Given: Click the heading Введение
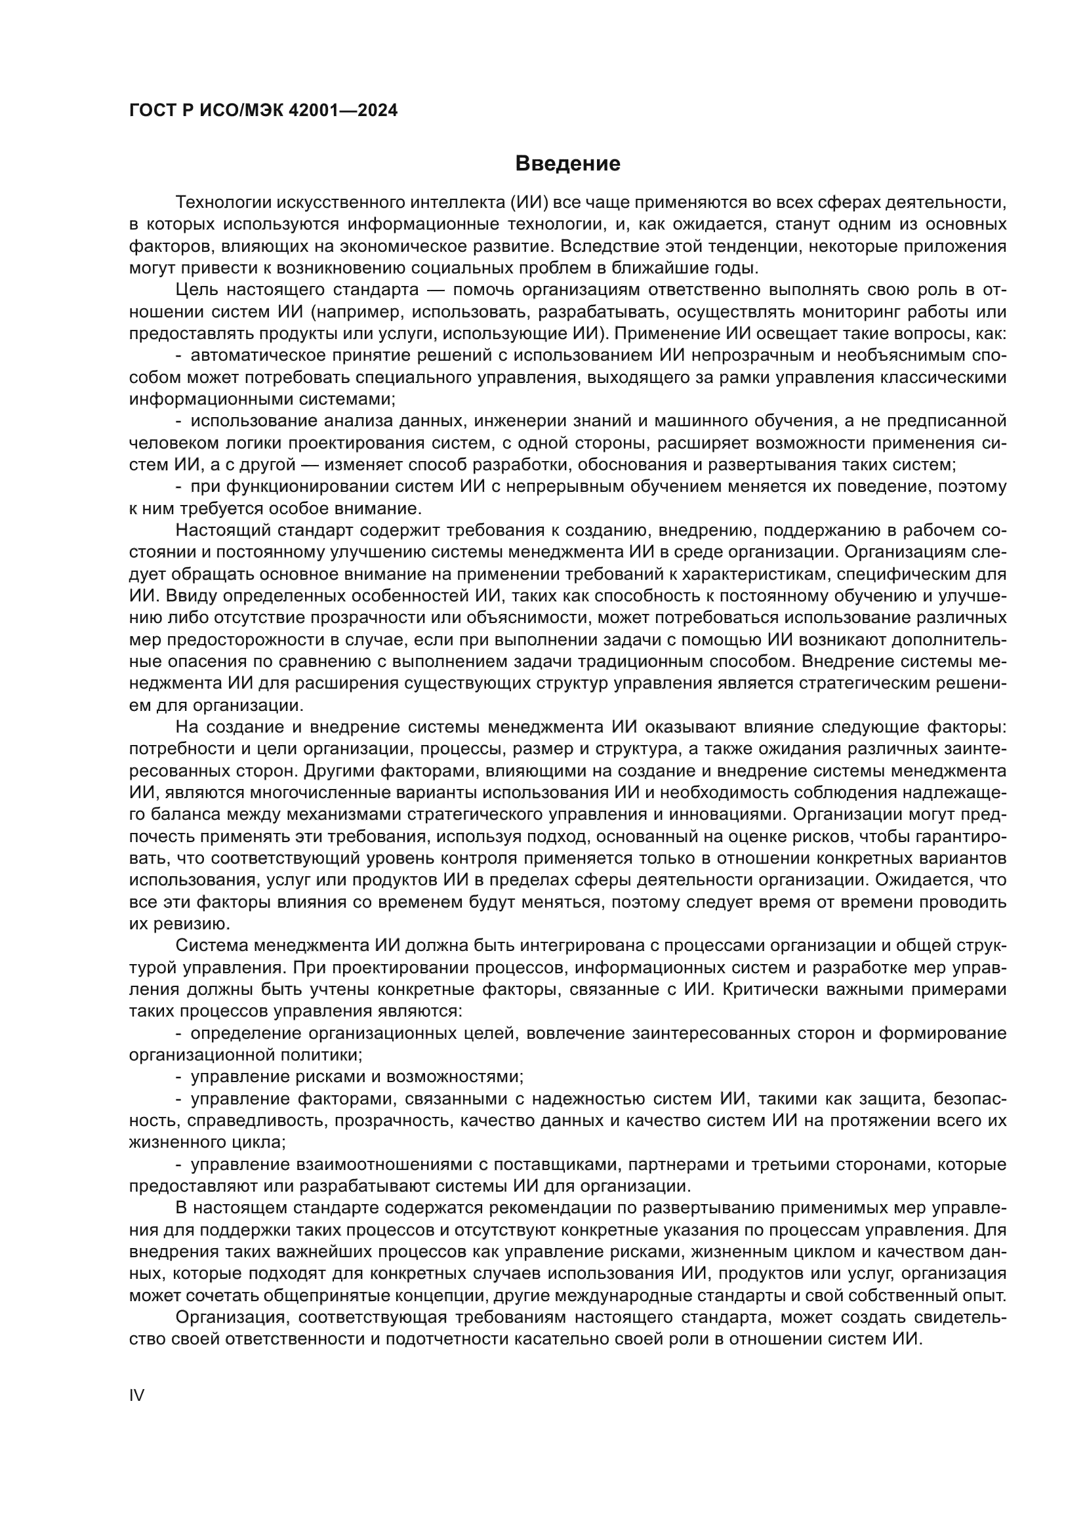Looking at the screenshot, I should coord(567,164).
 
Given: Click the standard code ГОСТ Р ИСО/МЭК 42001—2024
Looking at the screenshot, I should coord(263,111).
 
